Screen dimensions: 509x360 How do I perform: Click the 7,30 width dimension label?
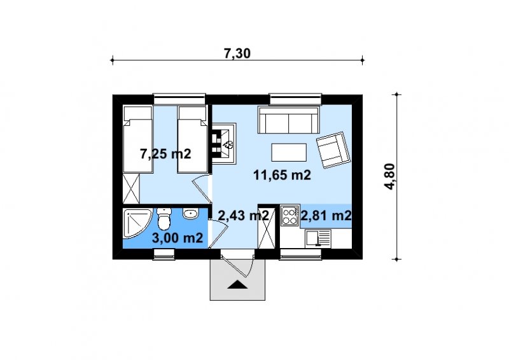[x=237, y=53]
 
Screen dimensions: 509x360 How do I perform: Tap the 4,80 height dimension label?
[x=389, y=176]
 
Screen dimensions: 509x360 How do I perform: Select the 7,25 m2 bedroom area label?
[x=165, y=153]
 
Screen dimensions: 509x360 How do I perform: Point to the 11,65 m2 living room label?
[x=282, y=175]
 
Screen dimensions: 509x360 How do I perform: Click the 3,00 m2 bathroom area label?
[x=178, y=238]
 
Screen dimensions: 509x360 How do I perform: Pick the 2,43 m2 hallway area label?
[x=243, y=215]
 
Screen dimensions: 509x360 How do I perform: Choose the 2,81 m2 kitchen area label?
[x=326, y=215]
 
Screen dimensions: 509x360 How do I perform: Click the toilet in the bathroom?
[x=164, y=219]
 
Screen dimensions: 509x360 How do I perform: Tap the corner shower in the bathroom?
[x=137, y=223]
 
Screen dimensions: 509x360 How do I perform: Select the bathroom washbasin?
[x=190, y=214]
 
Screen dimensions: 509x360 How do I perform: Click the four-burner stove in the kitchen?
[x=289, y=216]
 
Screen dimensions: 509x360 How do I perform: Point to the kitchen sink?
[x=317, y=238]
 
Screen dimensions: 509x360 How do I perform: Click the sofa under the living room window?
[x=288, y=120]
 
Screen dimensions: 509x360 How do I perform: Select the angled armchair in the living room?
[x=333, y=149]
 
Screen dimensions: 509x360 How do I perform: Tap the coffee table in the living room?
[x=289, y=152]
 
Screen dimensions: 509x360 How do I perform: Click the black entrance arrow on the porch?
[x=237, y=284]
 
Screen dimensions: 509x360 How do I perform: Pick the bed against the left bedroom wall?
[x=137, y=139]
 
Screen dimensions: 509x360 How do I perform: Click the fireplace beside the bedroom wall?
[x=225, y=144]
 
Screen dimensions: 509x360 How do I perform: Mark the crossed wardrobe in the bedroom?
[x=131, y=189]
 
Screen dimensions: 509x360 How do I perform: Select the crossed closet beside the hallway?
[x=267, y=227]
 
